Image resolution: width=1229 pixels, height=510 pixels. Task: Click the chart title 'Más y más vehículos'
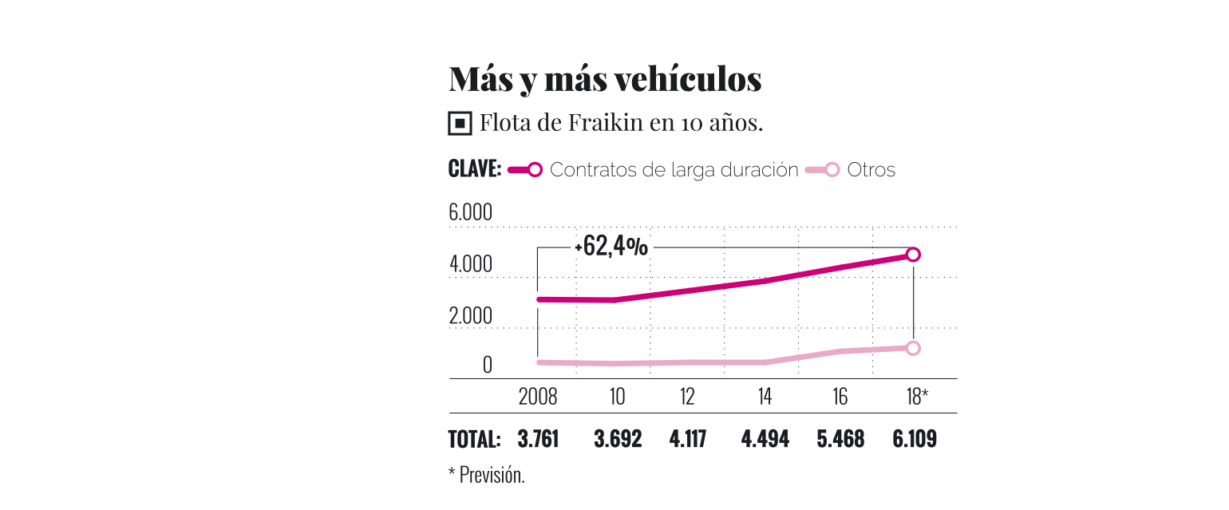coord(605,81)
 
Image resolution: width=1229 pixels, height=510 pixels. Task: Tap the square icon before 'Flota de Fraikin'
coord(460,124)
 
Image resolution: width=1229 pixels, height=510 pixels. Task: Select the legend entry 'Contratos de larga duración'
coord(674,170)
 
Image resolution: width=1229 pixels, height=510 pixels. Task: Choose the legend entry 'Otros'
coord(871,170)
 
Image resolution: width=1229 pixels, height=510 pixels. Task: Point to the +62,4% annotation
coord(612,247)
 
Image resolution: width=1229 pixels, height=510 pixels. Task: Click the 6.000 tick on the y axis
coord(471,214)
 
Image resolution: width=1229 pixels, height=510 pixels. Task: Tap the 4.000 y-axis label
coord(471,265)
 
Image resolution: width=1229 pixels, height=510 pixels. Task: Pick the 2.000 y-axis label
coord(471,316)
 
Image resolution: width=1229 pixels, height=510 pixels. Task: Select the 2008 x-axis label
coord(538,396)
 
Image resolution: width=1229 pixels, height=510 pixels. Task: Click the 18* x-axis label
coord(917,396)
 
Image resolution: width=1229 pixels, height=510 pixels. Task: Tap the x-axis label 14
coord(765,396)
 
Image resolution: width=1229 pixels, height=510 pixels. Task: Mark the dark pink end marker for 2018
coord(914,255)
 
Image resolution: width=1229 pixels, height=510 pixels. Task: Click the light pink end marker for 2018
coord(914,348)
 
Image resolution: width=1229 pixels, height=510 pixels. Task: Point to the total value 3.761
coord(538,439)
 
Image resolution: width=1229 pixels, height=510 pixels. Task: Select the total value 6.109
coord(915,439)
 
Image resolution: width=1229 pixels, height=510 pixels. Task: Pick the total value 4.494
coord(765,439)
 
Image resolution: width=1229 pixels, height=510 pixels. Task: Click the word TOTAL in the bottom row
coord(475,439)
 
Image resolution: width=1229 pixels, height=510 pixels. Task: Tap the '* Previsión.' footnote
coord(487,475)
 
